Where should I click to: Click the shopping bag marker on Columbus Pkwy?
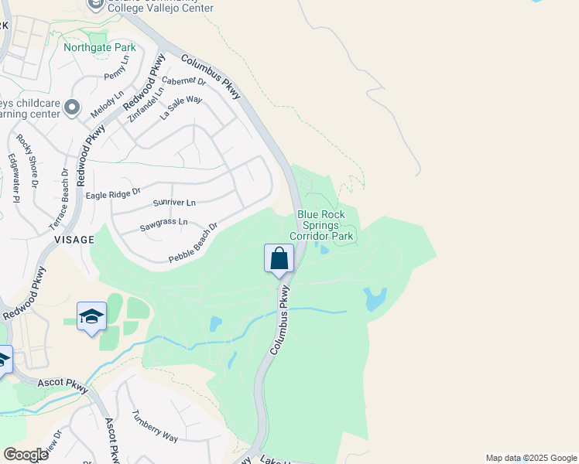click(x=279, y=259)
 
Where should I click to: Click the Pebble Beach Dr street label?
click(x=194, y=243)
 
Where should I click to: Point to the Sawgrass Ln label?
click(x=163, y=225)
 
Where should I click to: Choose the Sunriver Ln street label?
click(x=174, y=203)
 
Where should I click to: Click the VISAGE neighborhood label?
click(x=74, y=241)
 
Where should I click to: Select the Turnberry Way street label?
click(x=155, y=426)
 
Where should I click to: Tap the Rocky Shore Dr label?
click(x=26, y=161)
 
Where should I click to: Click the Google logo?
click(x=26, y=455)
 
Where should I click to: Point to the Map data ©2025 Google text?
click(x=531, y=458)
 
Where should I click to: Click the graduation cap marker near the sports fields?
click(x=91, y=316)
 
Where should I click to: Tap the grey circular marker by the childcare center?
click(x=72, y=107)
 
